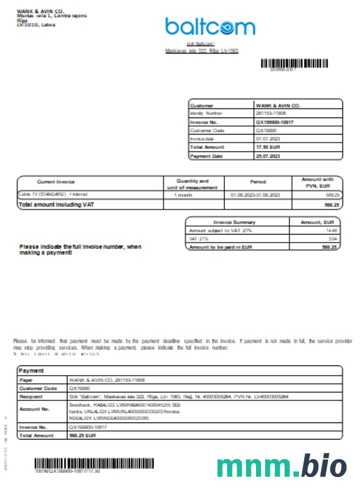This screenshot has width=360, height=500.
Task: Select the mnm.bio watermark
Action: click(281, 466)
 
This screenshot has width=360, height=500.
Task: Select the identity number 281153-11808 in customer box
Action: click(271, 113)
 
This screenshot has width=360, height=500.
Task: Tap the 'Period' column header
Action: click(257, 182)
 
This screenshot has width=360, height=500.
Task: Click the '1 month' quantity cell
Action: click(182, 194)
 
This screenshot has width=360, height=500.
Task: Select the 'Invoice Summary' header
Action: click(234, 222)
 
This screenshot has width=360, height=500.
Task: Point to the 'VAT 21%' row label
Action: click(199, 239)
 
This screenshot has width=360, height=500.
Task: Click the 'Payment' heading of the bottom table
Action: click(31, 371)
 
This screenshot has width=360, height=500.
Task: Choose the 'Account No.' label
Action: click(34, 409)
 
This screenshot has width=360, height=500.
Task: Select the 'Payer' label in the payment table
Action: click(26, 379)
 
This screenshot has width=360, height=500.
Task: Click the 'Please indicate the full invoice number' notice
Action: click(80, 249)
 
